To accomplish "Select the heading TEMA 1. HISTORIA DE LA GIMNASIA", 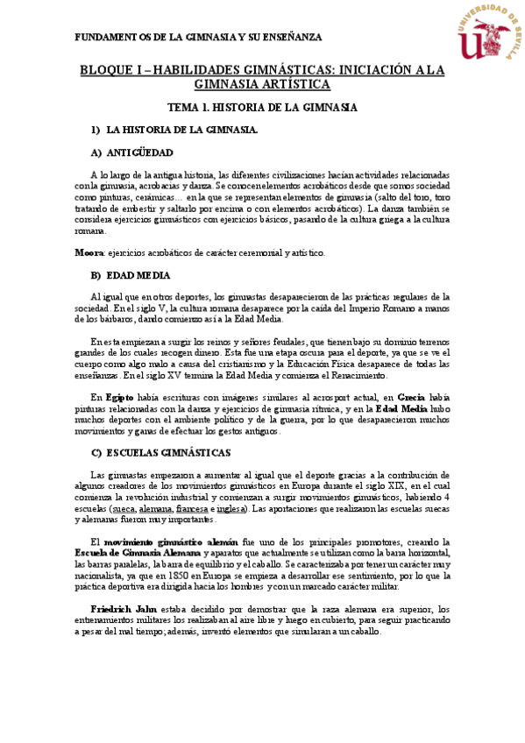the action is pos(261,107).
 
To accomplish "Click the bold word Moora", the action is pos(89,253).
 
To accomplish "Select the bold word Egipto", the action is pos(119,397).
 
